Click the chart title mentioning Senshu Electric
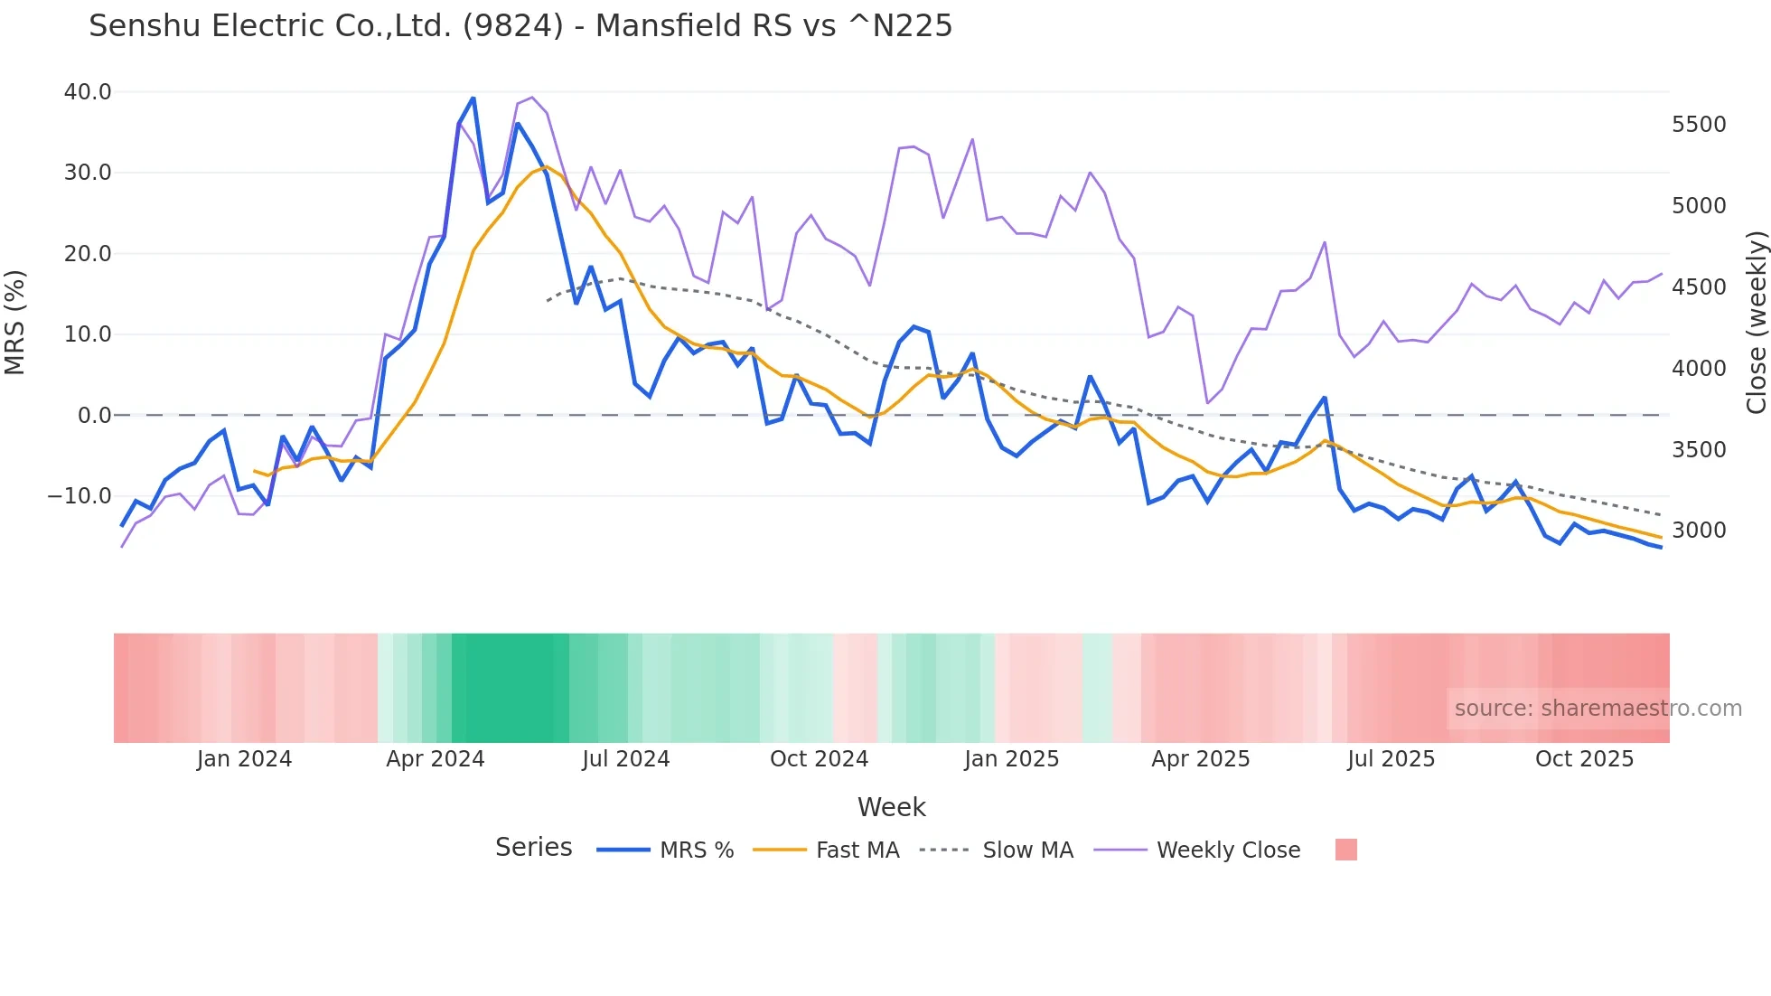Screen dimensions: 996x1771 click(520, 26)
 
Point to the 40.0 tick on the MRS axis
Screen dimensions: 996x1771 click(88, 92)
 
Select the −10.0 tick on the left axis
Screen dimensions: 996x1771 click(80, 496)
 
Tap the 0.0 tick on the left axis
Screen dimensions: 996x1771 click(94, 416)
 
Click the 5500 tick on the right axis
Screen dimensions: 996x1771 click(1699, 125)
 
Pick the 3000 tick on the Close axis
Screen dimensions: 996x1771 click(1699, 531)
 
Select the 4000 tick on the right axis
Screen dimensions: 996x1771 click(1699, 369)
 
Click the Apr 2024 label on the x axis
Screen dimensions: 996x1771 click(436, 759)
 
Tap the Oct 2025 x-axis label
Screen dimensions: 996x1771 click(1584, 759)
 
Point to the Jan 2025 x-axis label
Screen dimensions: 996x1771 click(1011, 759)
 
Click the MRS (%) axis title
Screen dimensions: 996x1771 click(15, 323)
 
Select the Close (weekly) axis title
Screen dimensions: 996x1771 click(1756, 323)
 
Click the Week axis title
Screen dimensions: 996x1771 click(891, 807)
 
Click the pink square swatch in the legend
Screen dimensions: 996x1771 click(1345, 850)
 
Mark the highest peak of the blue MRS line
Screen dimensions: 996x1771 click(473, 99)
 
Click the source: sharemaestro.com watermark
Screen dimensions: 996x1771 click(1598, 709)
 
